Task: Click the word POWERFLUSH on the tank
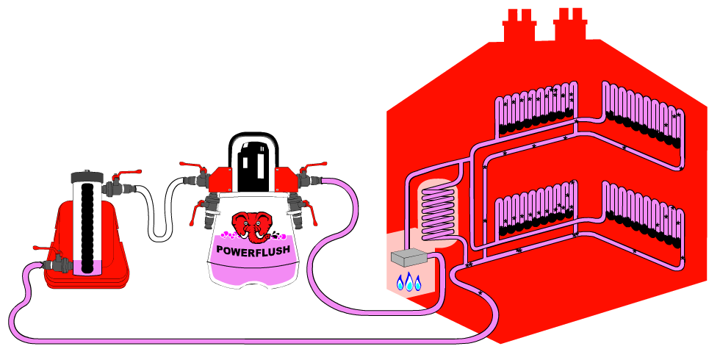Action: pos(253,250)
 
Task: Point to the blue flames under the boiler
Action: pos(409,281)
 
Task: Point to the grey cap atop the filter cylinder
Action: pos(88,176)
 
